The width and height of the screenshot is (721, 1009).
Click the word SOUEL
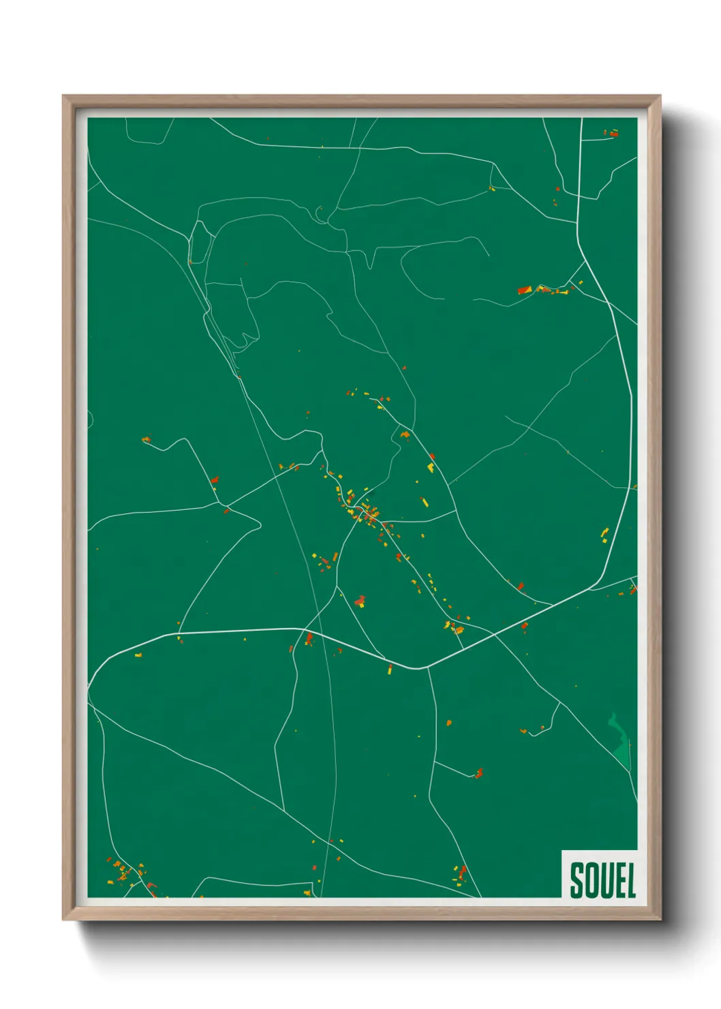[x=602, y=880]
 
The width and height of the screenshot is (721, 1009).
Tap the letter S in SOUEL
[x=577, y=880]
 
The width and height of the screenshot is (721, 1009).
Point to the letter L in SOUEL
[x=630, y=880]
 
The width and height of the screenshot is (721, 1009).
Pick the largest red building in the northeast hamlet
[x=524, y=290]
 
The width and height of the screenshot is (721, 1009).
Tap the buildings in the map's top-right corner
[x=612, y=134]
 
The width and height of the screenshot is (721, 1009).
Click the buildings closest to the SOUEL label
[x=461, y=873]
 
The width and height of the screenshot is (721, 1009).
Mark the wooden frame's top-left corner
[x=64, y=97]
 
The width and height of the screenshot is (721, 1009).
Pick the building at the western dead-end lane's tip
[x=145, y=440]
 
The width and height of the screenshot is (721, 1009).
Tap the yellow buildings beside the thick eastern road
[x=604, y=534]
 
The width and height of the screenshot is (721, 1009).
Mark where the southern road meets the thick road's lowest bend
[x=426, y=668]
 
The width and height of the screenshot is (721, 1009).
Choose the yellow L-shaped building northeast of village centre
[x=431, y=467]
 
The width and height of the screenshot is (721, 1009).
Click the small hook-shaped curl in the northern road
[x=320, y=215]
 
